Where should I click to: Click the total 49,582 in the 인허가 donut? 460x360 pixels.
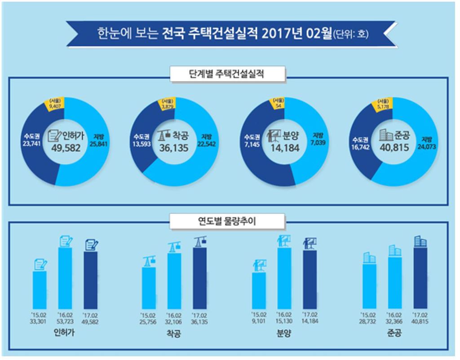66,147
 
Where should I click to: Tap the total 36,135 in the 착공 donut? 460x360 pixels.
176,147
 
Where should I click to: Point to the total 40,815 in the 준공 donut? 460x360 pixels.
394,147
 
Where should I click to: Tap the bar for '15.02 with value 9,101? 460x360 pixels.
259,290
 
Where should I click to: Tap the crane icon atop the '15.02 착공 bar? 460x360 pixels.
149,261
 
